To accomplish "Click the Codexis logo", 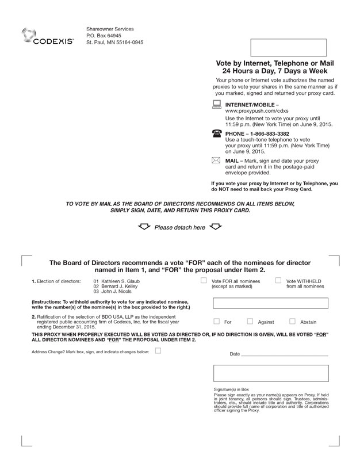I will (48, 36).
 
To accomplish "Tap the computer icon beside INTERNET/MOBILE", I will (217, 105).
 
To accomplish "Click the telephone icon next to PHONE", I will (217, 133).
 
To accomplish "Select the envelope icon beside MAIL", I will (217, 161).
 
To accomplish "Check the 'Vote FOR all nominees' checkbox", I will (204, 281).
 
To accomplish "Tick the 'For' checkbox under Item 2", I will (216, 322).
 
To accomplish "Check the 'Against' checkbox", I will (250, 322).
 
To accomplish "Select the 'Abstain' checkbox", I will (292, 322).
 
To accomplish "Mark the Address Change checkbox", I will (158, 350).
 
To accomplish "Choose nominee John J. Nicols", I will (117, 292).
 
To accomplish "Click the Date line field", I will (284, 354).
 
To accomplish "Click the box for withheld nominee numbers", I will (270, 304).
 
